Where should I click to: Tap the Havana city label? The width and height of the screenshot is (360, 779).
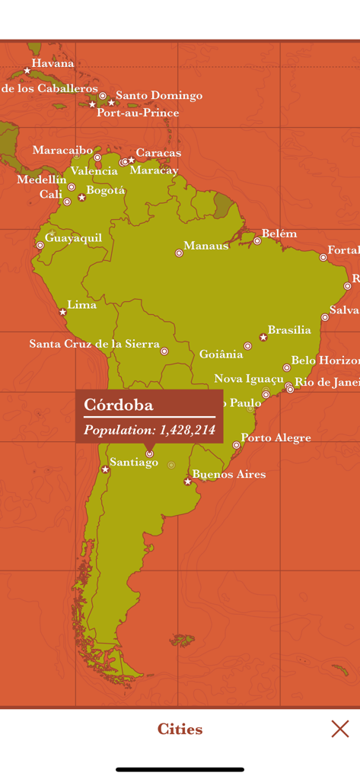(53, 63)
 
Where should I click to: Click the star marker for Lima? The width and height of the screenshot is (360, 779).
(63, 312)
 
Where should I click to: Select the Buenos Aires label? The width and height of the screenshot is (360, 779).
(228, 474)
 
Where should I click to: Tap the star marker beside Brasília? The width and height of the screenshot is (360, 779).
(263, 336)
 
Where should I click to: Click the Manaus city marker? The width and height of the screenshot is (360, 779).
(179, 253)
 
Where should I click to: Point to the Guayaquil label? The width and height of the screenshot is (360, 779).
(73, 237)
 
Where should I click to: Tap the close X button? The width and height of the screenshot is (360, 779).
(340, 729)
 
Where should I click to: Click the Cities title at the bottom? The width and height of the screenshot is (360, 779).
(180, 729)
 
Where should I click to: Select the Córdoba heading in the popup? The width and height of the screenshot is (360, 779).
(119, 404)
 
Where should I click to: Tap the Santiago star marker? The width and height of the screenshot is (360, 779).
(105, 469)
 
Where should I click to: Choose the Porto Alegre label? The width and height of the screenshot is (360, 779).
(276, 437)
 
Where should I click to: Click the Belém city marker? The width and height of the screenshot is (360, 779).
(257, 241)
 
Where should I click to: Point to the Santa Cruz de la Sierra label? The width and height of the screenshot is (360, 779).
(94, 344)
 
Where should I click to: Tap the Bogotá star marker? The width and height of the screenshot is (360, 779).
(82, 197)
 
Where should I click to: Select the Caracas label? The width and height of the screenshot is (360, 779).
(158, 153)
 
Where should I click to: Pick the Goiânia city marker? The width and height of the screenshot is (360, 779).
(247, 346)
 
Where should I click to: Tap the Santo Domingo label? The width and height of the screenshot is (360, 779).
(159, 95)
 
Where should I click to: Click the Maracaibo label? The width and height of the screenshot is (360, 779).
(62, 150)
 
